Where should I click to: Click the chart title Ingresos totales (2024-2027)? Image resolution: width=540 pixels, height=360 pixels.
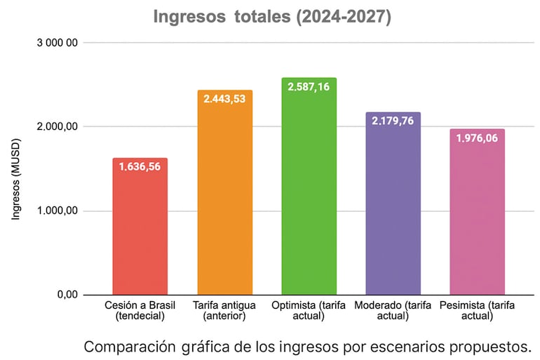[272, 17]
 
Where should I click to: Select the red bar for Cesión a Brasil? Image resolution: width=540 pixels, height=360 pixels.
[140, 232]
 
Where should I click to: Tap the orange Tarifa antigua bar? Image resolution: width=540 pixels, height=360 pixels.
[224, 204]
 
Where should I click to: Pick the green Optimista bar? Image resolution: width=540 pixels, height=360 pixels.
[309, 196]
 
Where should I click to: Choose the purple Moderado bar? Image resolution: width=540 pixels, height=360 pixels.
[393, 211]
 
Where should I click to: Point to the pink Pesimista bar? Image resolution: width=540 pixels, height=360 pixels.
[477, 218]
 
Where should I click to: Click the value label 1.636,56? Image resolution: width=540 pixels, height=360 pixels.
[140, 168]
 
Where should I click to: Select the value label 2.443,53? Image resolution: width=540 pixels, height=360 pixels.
[224, 99]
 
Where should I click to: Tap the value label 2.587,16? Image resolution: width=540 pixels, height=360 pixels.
[309, 87]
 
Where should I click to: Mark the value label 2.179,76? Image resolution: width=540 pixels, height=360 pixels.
[393, 121]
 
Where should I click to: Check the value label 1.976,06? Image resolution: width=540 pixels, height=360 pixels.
[477, 138]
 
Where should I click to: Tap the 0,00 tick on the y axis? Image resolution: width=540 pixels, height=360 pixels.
[67, 295]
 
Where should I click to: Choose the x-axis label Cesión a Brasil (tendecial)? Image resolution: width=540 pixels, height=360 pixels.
[140, 311]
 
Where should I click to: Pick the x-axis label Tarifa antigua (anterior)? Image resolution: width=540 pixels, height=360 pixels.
[224, 311]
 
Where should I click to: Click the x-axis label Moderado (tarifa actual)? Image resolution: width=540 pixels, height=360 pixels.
[393, 311]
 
